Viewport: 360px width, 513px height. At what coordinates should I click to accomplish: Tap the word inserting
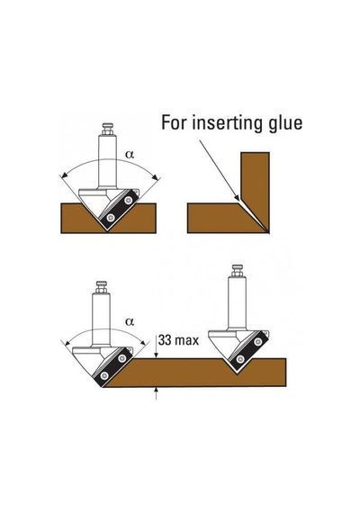click(228, 123)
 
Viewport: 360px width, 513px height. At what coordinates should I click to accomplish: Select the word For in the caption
click(174, 122)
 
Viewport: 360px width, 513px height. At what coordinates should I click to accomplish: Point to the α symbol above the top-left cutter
click(130, 155)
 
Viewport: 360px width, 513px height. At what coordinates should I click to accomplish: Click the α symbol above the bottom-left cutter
click(130, 321)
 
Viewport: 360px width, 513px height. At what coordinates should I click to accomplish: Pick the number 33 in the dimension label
click(165, 340)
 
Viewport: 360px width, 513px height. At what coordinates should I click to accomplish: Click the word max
click(186, 341)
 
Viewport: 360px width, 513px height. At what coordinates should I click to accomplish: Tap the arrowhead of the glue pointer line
click(237, 197)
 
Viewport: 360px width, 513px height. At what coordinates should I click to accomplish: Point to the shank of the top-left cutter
click(108, 162)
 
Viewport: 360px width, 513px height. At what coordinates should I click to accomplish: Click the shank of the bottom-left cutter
click(101, 319)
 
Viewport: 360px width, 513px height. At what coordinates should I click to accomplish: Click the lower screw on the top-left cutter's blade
click(112, 217)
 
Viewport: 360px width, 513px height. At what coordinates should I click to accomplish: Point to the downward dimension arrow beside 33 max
click(157, 346)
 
